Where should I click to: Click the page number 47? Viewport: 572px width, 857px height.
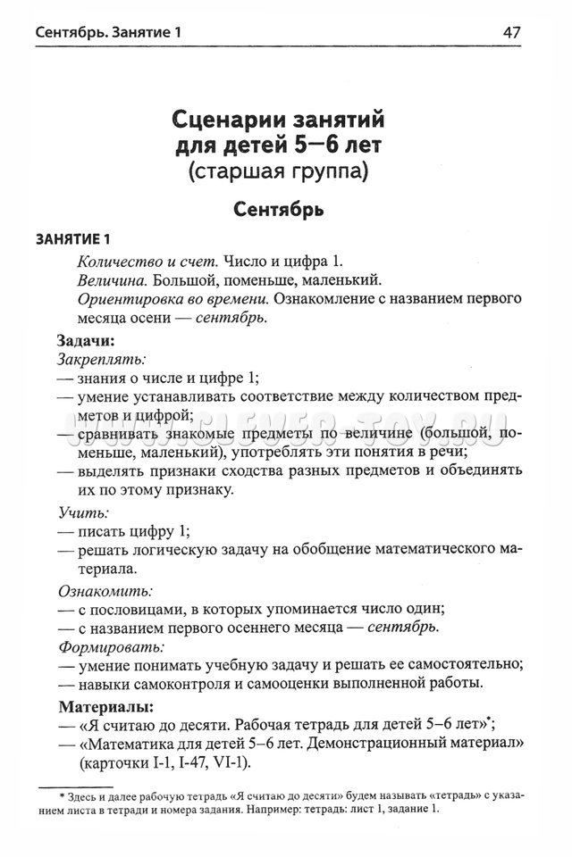511,33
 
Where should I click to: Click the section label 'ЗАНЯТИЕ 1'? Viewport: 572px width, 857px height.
72,240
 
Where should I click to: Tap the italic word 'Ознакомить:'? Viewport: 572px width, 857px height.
105,591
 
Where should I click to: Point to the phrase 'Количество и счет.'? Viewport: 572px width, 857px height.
147,261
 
